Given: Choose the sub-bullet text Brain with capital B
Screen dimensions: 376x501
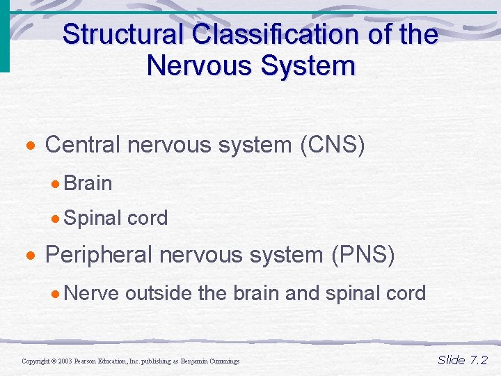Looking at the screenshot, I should click(88, 183).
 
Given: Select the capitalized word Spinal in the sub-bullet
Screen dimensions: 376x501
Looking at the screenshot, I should click(93, 218).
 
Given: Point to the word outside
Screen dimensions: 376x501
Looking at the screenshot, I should click(159, 293).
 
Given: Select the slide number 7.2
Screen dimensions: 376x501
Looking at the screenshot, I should click(479, 360).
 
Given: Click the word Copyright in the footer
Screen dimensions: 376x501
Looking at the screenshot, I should click(35, 361).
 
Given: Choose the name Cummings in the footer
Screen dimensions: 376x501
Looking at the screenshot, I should click(223, 361).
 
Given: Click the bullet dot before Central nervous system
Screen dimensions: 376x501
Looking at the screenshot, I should click(31, 147).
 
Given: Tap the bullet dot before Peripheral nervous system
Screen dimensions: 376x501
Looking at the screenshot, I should click(31, 257).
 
